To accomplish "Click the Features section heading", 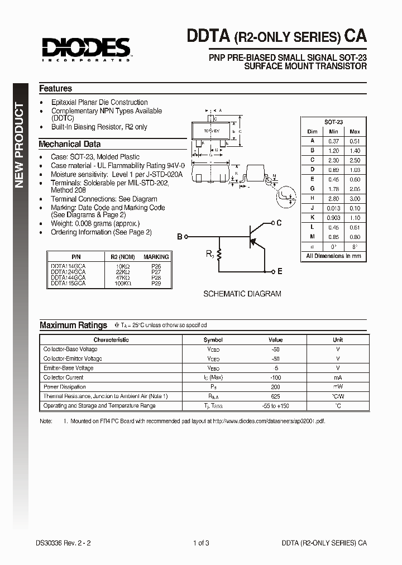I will tap(55, 88).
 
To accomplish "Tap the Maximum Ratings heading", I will tap(73, 325).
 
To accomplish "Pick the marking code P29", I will tap(156, 284).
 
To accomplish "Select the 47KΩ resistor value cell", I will tap(122, 277).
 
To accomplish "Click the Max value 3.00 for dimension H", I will tap(355, 198).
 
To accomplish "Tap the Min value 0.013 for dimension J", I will tap(334, 208).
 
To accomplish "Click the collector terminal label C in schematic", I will tap(279, 223).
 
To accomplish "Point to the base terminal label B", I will tap(180, 237).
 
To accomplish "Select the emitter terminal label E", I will tap(280, 271).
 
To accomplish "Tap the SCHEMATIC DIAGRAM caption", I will tap(242, 294).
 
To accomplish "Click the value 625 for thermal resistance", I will tap(275, 396).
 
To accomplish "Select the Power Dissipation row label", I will tap(65, 387).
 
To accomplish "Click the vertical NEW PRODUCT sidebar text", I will tap(20, 145).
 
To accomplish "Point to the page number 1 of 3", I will tap(201, 543).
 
